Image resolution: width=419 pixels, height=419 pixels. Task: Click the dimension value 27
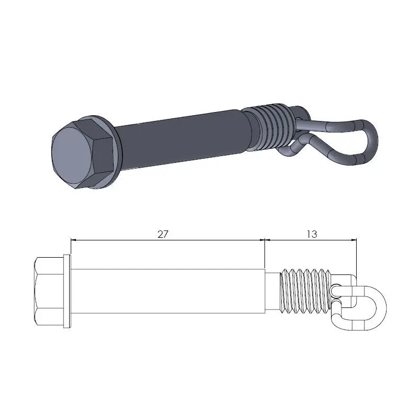[163, 234]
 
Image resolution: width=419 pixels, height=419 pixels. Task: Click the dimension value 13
[312, 234]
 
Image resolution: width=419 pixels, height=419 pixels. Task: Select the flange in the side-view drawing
[67, 291]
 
